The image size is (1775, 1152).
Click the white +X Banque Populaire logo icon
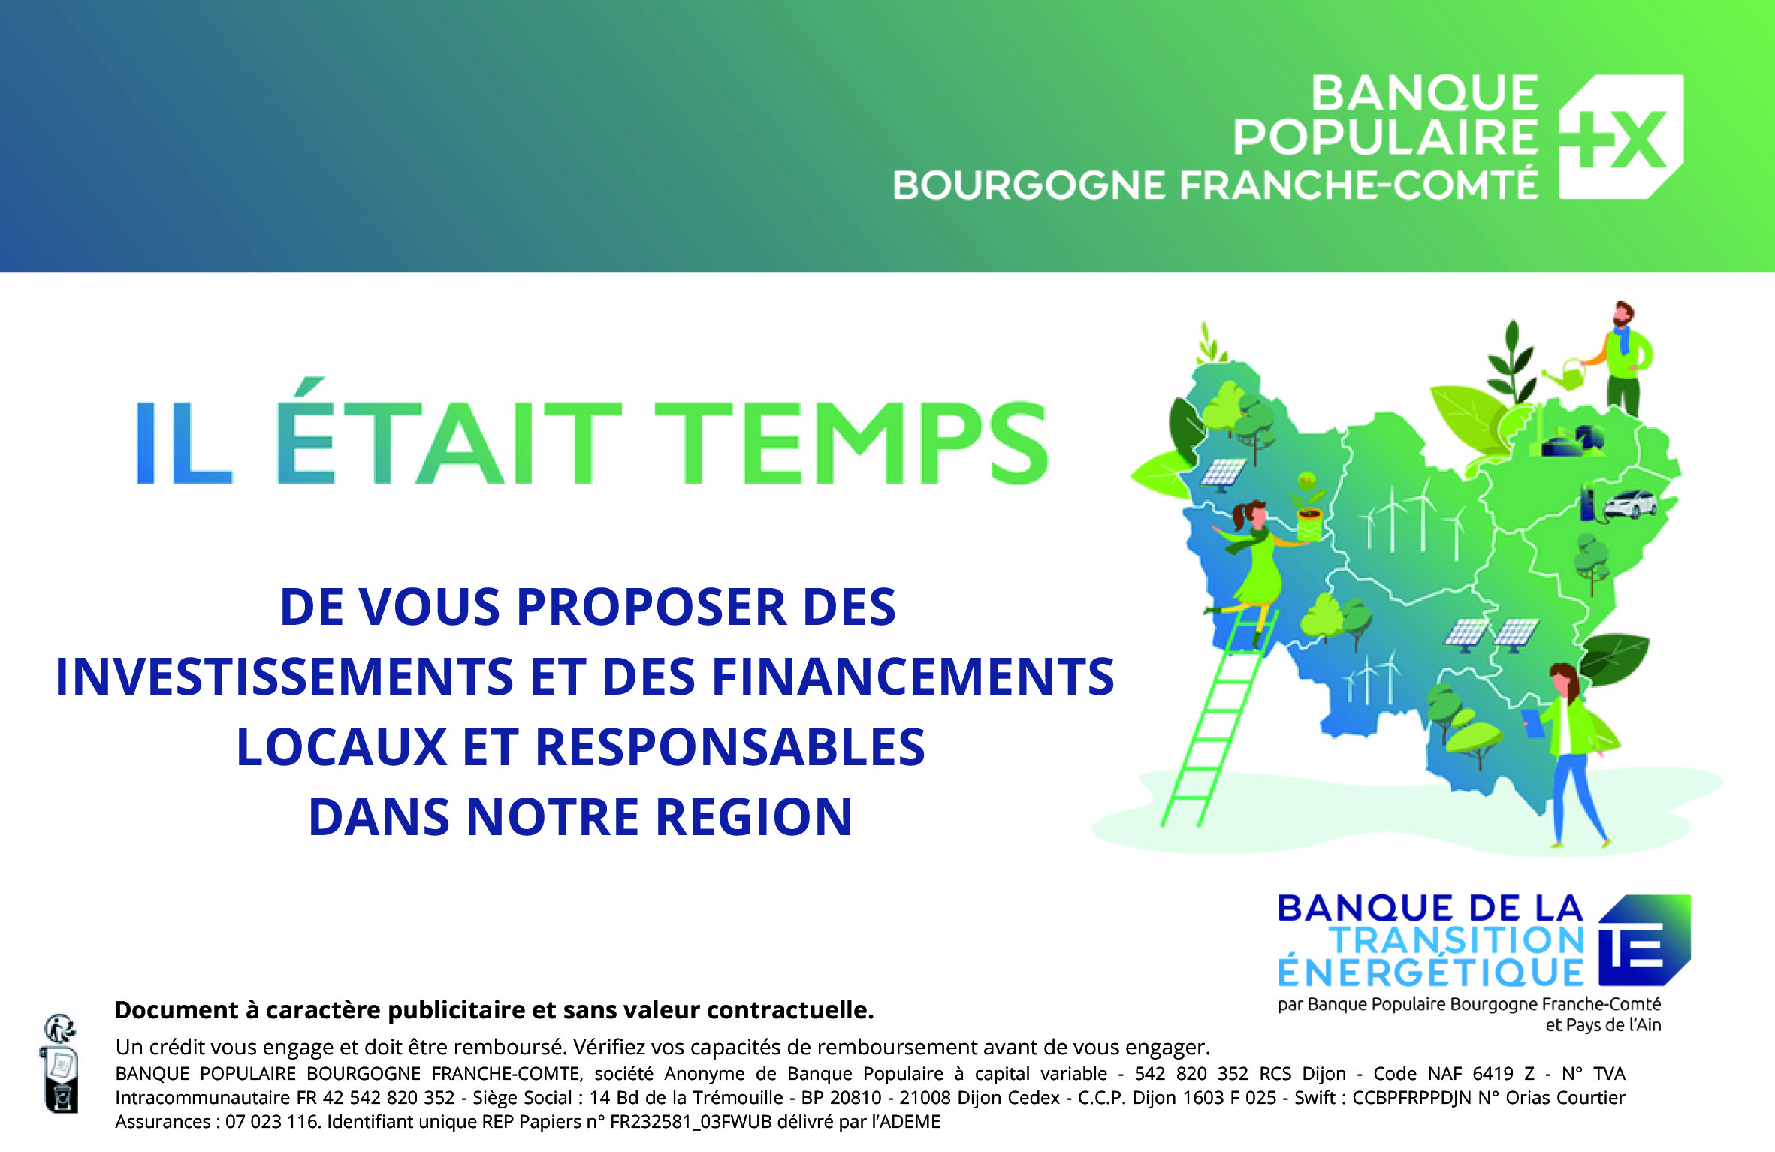[x=1621, y=137]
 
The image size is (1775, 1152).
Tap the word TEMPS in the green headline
[x=852, y=442]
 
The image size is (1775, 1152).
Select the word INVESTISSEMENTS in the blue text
[x=285, y=677]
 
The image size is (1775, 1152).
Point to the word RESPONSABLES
[x=730, y=747]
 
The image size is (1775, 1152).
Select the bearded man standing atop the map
[x=1626, y=359]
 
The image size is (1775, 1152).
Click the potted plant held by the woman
[x=1308, y=507]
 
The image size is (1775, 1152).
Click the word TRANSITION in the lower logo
[x=1457, y=939]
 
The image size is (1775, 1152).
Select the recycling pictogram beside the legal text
[x=60, y=1065]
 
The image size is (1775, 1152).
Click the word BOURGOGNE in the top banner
[x=1030, y=185]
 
